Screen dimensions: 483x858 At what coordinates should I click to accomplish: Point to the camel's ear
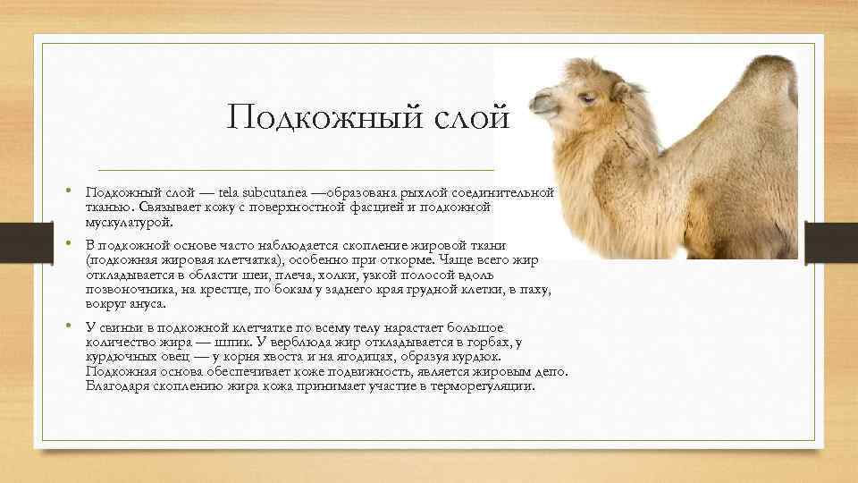(x=627, y=89)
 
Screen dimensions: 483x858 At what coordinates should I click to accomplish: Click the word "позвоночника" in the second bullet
(x=126, y=290)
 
